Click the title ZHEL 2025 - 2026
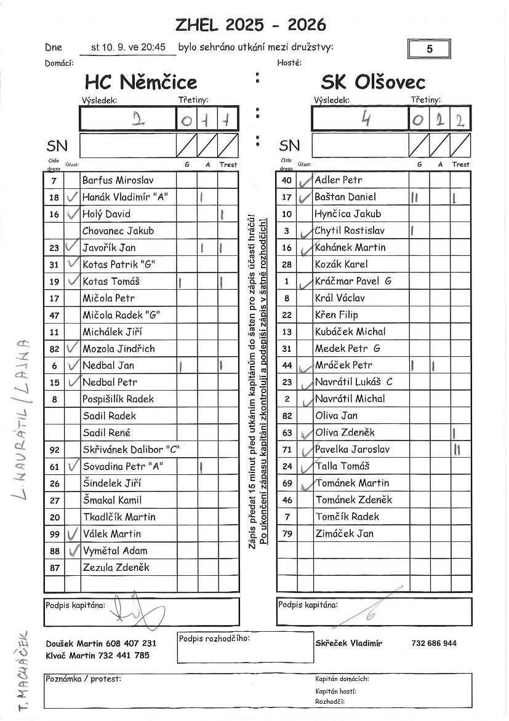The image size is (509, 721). pyautogui.click(x=250, y=25)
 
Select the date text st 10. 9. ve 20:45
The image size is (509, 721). pyautogui.click(x=129, y=47)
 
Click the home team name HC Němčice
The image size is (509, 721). pyautogui.click(x=141, y=82)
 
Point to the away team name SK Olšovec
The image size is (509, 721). pyautogui.click(x=373, y=82)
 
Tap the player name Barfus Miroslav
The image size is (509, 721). pyautogui.click(x=118, y=180)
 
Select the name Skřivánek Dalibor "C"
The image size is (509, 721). pyautogui.click(x=130, y=450)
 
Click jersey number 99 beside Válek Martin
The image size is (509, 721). pyautogui.click(x=54, y=534)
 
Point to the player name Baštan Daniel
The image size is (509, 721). pyautogui.click(x=345, y=197)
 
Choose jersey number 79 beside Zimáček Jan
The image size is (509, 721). pyautogui.click(x=287, y=533)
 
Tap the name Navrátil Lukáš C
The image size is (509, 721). pyautogui.click(x=353, y=382)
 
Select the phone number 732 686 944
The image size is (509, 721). pyautogui.click(x=434, y=643)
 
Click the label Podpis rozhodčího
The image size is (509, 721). pyautogui.click(x=214, y=639)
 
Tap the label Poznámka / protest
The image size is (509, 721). pyautogui.click(x=84, y=679)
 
